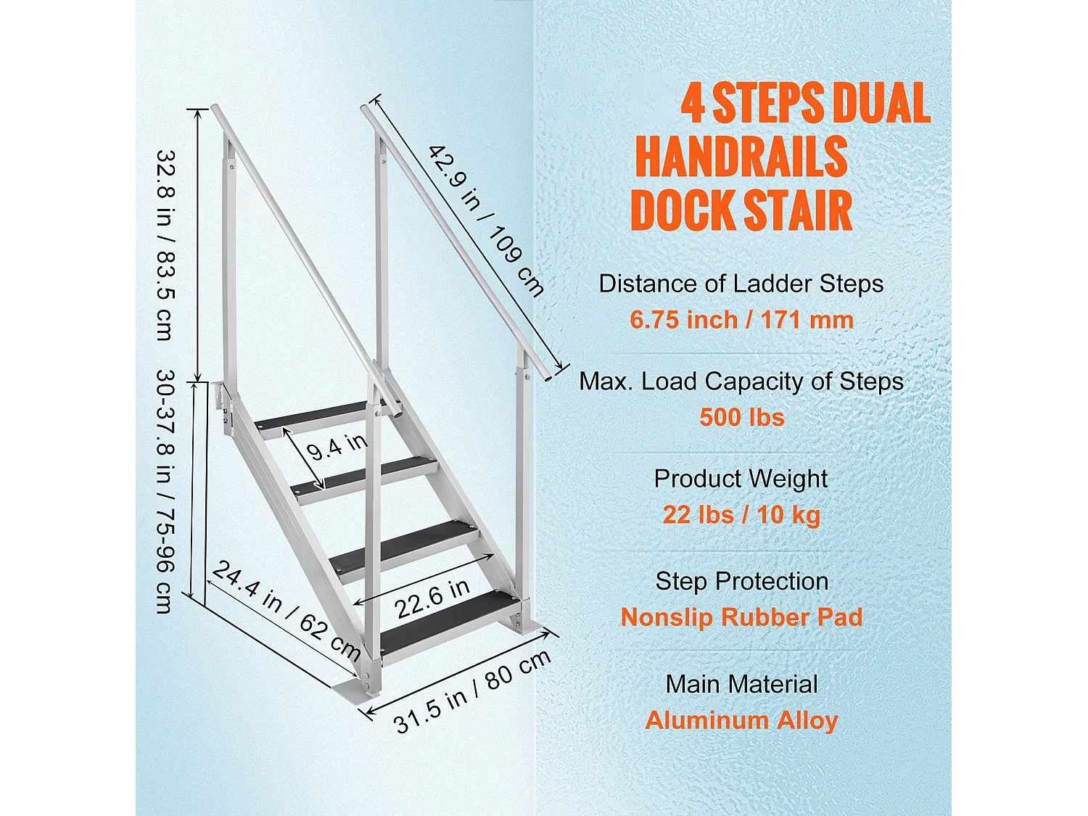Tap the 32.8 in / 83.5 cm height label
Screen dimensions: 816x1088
(x=166, y=245)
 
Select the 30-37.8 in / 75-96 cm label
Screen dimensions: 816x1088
(x=166, y=492)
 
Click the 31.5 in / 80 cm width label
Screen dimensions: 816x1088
(x=472, y=691)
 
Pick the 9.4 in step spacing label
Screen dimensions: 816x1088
(x=337, y=447)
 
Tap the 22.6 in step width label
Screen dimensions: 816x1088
(x=432, y=598)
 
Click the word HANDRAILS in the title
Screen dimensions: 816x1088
(x=741, y=157)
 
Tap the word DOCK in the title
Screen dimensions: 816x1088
(x=682, y=210)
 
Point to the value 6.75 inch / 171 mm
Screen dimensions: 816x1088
(x=741, y=320)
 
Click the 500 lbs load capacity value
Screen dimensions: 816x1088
(x=741, y=418)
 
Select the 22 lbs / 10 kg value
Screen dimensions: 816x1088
(x=741, y=515)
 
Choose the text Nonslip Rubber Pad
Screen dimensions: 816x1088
(x=741, y=617)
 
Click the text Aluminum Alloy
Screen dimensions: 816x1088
(x=741, y=720)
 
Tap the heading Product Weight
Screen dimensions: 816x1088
(x=741, y=479)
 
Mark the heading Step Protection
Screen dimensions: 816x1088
(x=741, y=581)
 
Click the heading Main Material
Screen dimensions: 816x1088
(x=741, y=684)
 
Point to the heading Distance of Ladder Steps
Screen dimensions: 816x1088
(x=741, y=284)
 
